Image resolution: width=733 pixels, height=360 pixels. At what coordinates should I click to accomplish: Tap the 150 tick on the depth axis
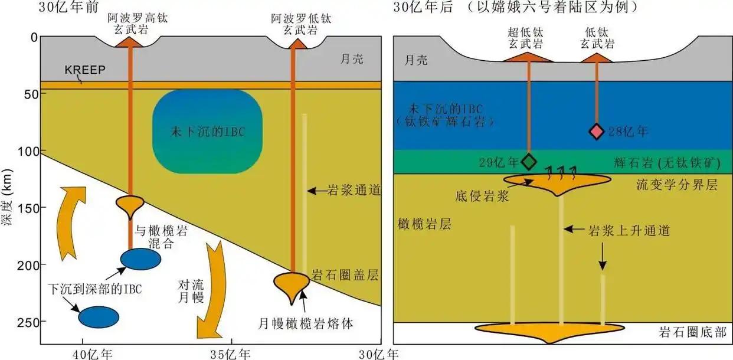pyautogui.click(x=26, y=208)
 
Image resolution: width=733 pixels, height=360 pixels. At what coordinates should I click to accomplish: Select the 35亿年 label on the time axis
pyautogui.click(x=231, y=354)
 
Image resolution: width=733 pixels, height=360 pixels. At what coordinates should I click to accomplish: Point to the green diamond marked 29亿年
pyautogui.click(x=529, y=161)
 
